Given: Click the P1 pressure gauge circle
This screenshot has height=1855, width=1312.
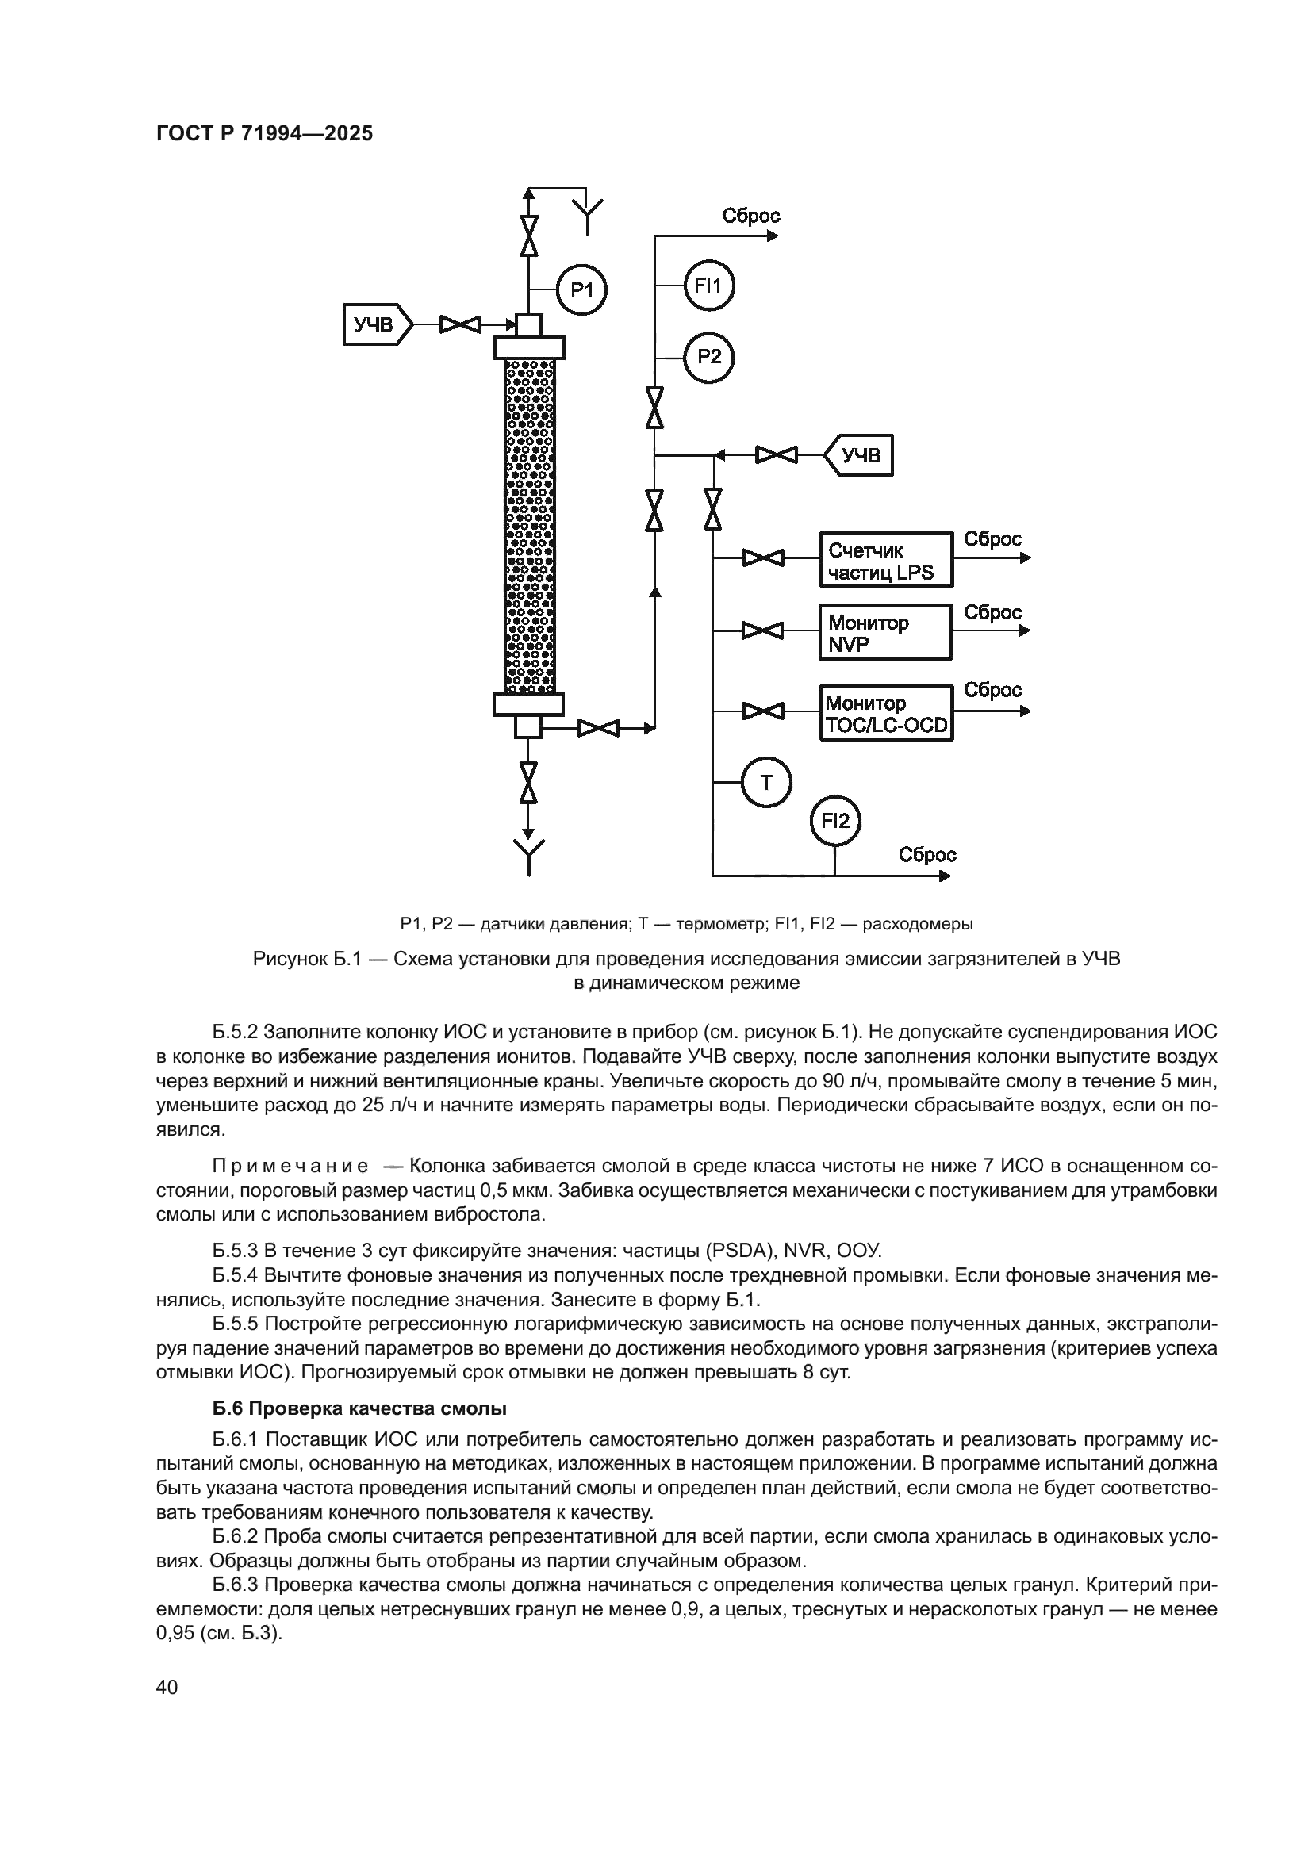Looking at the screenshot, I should (581, 289).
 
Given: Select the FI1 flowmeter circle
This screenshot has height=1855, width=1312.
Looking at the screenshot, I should (708, 285).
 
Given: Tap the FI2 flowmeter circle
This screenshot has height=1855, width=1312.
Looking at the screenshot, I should (835, 822).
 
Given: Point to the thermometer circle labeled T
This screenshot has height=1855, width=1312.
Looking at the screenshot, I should (766, 782).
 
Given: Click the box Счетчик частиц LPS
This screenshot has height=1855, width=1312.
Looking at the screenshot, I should (886, 559).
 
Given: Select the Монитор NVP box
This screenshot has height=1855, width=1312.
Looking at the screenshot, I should (885, 632).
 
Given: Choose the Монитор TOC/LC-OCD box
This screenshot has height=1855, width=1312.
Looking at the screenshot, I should (886, 714).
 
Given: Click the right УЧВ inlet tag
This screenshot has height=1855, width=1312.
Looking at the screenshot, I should (860, 456).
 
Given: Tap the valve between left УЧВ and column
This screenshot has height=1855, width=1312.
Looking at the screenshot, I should (461, 325).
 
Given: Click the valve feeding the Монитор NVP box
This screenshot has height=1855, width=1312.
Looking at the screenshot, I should (762, 630).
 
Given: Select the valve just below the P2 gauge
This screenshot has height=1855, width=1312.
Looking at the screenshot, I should (654, 407).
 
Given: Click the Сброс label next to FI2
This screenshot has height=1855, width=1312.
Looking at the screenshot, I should (927, 855).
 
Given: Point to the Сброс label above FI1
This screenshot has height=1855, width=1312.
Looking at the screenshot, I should (750, 216).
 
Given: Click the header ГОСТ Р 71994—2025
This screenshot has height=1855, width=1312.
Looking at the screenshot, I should (264, 134).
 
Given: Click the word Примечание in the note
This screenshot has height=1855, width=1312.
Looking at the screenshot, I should (290, 1166).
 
